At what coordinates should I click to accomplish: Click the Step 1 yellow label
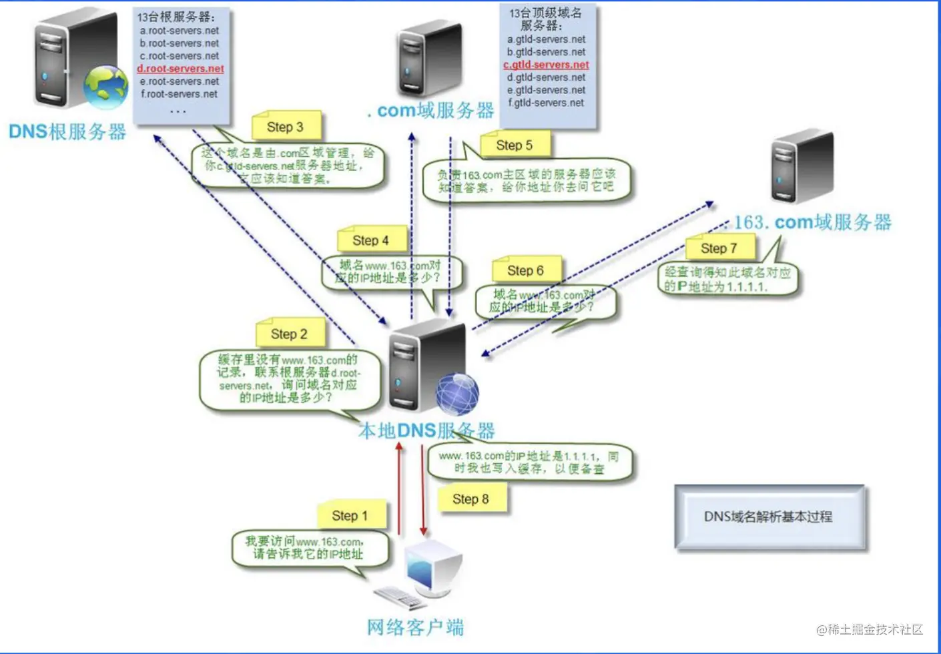tap(350, 516)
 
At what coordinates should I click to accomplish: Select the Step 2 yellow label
tap(289, 334)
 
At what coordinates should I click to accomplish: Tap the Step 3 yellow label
tap(285, 127)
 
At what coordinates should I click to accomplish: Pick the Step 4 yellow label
tap(370, 241)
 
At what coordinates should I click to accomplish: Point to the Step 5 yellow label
tap(514, 145)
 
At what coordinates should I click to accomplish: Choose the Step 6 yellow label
tap(525, 270)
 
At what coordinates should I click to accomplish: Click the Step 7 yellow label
tap(719, 249)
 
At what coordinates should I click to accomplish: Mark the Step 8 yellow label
tap(470, 499)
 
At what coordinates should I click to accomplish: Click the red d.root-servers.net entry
tap(180, 69)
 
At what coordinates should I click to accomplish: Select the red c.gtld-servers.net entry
tap(546, 65)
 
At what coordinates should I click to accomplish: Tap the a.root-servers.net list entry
tap(180, 31)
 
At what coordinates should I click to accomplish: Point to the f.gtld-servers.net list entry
tap(546, 103)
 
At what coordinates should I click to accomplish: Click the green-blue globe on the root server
tap(105, 87)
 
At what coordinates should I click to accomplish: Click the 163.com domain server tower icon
tap(802, 167)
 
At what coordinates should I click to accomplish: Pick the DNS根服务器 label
tap(67, 131)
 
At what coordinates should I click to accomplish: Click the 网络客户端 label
tap(415, 627)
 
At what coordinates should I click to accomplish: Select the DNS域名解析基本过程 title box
tap(769, 517)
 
